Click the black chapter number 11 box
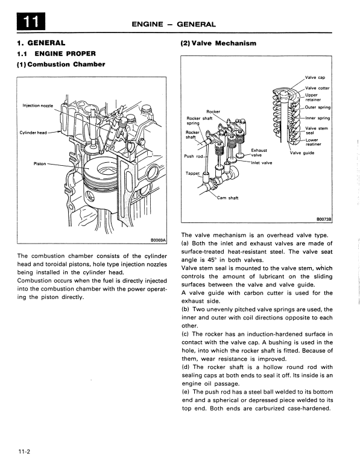[x=31, y=21]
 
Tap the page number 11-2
[x=24, y=452]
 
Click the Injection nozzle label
[x=38, y=105]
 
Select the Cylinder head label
[x=33, y=133]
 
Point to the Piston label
[x=40, y=164]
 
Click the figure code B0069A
[x=158, y=240]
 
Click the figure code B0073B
[x=324, y=219]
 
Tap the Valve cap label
[x=315, y=77]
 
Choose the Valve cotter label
[x=317, y=88]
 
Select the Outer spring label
[x=318, y=107]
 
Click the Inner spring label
[x=318, y=118]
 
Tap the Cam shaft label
[x=227, y=198]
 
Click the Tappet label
[x=192, y=174]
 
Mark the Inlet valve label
[x=261, y=163]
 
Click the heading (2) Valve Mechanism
[x=218, y=43]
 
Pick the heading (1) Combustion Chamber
[x=61, y=65]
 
